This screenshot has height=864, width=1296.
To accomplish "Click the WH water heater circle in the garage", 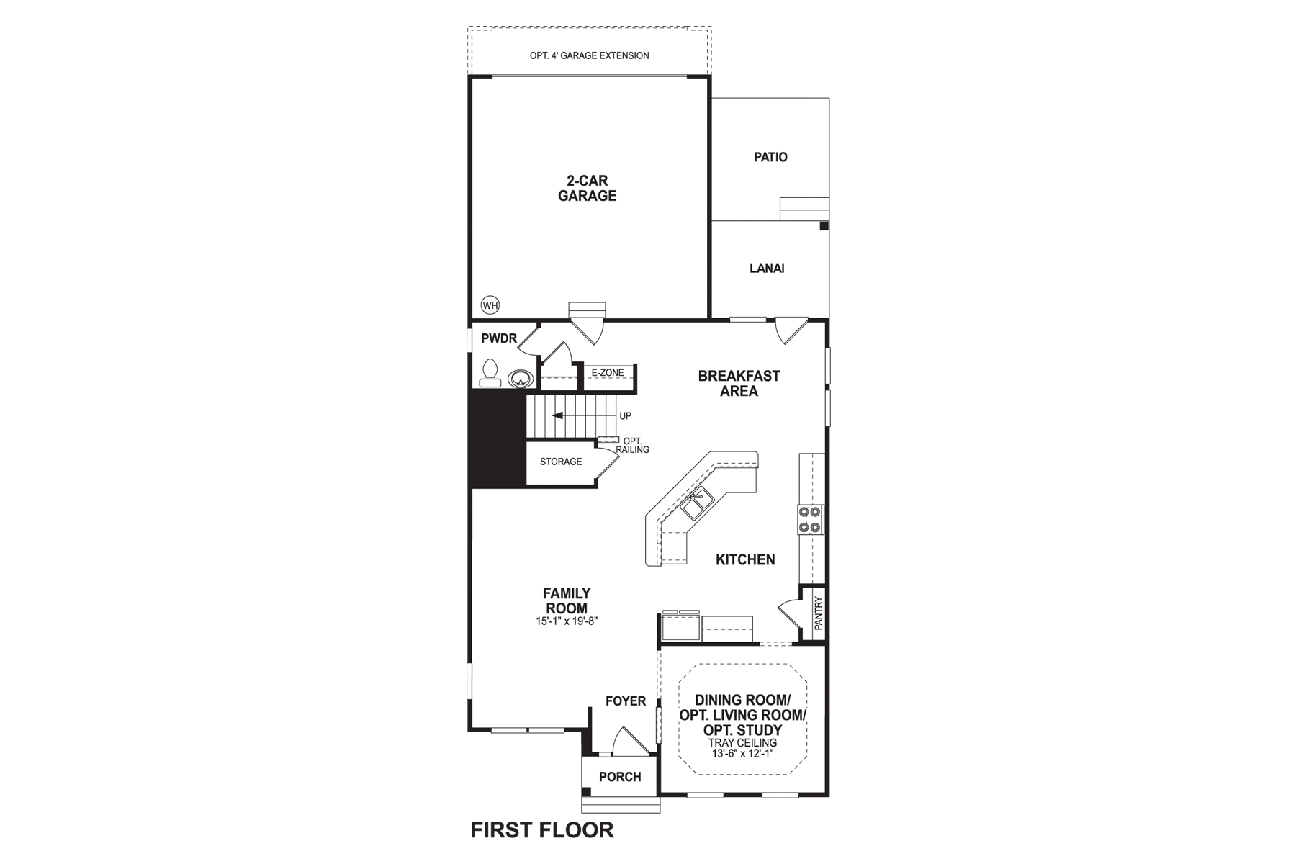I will pos(490,305).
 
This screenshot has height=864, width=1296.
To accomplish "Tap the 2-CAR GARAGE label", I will pos(587,189).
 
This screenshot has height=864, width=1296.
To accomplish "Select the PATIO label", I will pos(770,157).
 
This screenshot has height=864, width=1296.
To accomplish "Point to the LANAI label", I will pos(767,268).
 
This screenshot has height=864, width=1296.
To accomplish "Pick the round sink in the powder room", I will pos(520,378).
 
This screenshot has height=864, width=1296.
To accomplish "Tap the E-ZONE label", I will pos(607,372).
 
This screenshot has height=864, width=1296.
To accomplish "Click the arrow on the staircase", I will pos(558,415).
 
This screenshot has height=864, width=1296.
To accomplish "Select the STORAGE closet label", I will pos(561,462).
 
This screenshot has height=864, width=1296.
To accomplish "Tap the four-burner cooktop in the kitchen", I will pos(810,519).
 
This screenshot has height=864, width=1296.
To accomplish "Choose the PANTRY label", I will pos(818,614).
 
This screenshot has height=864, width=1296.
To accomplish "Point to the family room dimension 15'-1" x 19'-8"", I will pos(567,621).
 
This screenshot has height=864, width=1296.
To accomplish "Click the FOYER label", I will pos(625,701).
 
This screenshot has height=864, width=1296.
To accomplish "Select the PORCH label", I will pos(620,777).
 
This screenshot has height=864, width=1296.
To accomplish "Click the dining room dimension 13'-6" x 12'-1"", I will pos(742,754).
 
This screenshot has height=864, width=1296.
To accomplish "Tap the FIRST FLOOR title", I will pos(542,830).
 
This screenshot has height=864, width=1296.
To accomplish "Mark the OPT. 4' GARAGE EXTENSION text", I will pos(589,55).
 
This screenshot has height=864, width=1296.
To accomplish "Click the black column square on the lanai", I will pos(824,225).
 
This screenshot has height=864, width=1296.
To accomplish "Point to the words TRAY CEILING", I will pos(742,742).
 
